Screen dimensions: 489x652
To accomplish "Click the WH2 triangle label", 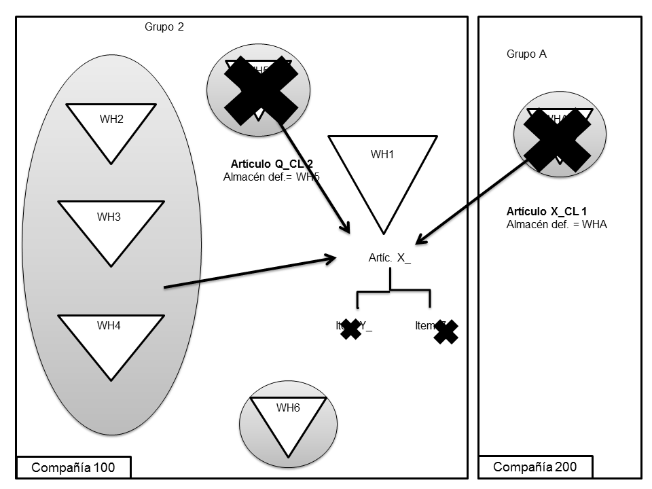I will click(x=111, y=120).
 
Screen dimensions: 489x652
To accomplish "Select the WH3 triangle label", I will click(x=109, y=217).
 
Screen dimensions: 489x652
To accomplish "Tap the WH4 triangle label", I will click(x=109, y=325).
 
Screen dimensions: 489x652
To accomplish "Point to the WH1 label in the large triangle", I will click(x=382, y=155).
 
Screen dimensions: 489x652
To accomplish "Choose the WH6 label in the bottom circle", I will click(x=288, y=407).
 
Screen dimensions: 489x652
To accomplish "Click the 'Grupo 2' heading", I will click(x=164, y=27).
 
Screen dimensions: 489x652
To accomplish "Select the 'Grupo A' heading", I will click(x=526, y=54).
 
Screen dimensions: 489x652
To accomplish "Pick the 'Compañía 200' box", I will click(x=535, y=467).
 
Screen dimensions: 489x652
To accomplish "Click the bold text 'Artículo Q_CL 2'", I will click(x=272, y=164).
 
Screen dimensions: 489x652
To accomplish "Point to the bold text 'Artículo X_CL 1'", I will click(x=547, y=212).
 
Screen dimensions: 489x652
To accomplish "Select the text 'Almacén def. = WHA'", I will click(x=556, y=225).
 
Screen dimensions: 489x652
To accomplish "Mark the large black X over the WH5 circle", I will click(x=261, y=90).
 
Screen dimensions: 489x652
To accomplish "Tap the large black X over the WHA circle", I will click(x=557, y=139).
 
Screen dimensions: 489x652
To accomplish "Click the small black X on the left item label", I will click(x=350, y=329).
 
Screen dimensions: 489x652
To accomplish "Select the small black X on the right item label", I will click(x=446, y=331).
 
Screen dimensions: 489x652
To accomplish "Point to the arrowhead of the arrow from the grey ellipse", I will click(x=332, y=258).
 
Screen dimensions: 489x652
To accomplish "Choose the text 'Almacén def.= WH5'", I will click(x=271, y=177).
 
